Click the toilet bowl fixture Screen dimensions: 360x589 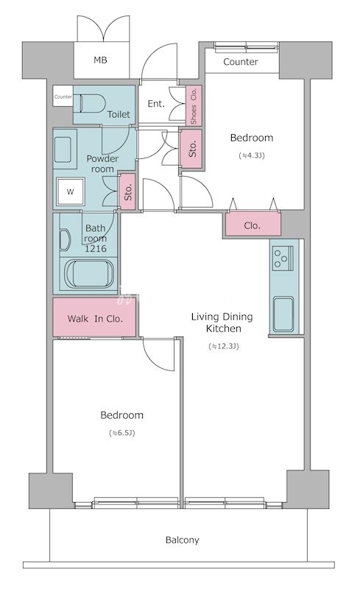(91, 103)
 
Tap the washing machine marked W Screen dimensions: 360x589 (70, 192)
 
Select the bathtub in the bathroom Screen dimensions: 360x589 (89, 274)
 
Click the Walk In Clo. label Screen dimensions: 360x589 (95, 319)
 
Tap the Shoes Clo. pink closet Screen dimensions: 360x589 (194, 105)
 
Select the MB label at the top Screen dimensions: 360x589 (100, 60)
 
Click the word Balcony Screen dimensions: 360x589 (183, 540)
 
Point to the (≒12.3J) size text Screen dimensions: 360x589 (224, 346)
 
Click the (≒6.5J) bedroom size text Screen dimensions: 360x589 (121, 433)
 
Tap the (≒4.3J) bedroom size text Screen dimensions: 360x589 (252, 155)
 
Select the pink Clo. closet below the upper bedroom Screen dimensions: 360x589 (253, 225)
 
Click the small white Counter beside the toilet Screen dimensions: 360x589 (63, 96)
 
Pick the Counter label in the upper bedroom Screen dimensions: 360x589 (241, 62)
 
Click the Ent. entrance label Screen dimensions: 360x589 (156, 104)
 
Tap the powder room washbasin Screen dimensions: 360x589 (63, 150)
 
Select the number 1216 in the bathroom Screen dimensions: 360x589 (96, 248)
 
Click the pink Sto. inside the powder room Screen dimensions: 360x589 (127, 191)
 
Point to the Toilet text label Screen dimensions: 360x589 (119, 114)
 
